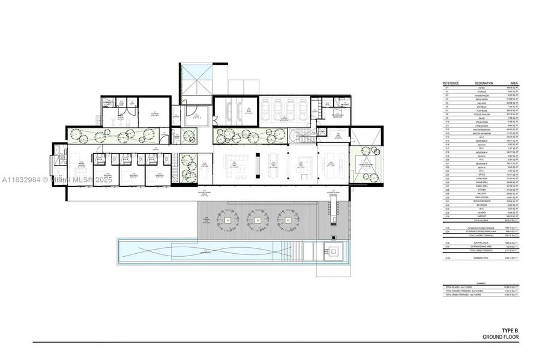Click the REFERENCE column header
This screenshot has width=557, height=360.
pyautogui.click(x=451, y=83)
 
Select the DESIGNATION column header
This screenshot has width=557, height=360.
pyautogui.click(x=483, y=83)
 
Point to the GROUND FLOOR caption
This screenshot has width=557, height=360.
pyautogui.click(x=501, y=337)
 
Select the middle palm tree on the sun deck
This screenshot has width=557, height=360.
pyautogui.click(x=258, y=219)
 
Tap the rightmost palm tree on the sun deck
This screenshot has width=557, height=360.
pyautogui.click(x=288, y=219)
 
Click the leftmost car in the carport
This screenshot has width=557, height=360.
pyautogui.click(x=265, y=110)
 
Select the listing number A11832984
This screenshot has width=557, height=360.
pyautogui.click(x=22, y=179)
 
